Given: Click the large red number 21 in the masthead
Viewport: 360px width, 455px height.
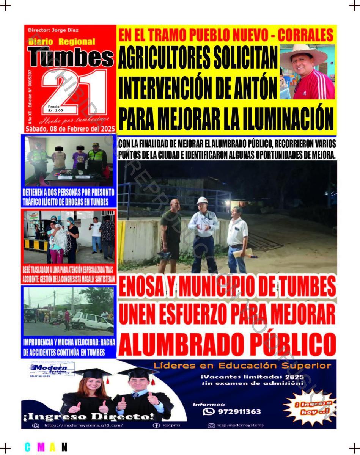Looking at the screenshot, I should (74, 93).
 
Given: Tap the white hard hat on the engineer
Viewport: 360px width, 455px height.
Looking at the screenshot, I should (202, 201).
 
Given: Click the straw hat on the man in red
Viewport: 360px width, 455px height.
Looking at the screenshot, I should (304, 53).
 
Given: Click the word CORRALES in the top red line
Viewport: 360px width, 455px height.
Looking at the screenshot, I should (305, 35).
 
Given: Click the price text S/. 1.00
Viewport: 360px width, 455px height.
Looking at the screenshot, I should (55, 110).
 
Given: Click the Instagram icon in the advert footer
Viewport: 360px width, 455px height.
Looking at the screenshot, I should (212, 425).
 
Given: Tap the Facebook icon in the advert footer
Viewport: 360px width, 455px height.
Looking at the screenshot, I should (156, 425).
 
